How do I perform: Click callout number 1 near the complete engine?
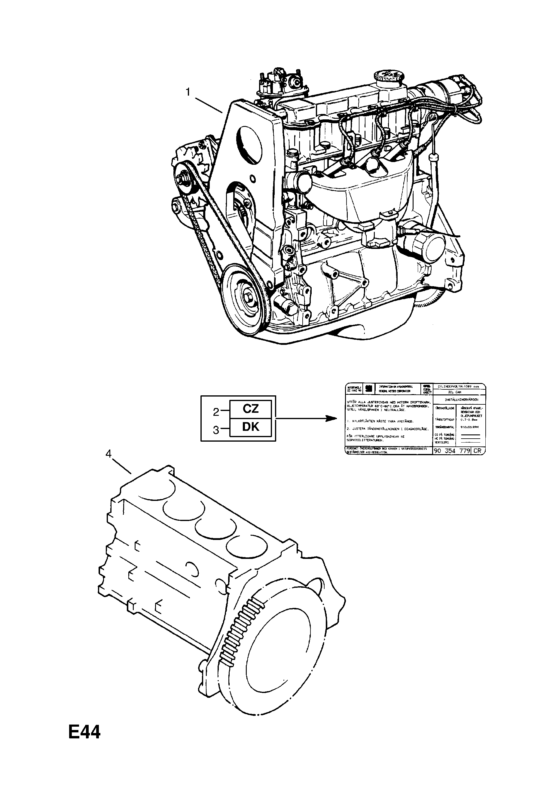188,92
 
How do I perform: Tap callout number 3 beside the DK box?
216,430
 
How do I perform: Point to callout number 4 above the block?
108,454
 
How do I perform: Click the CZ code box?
250,409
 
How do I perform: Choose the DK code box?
250,427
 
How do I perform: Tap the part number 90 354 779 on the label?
451,451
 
